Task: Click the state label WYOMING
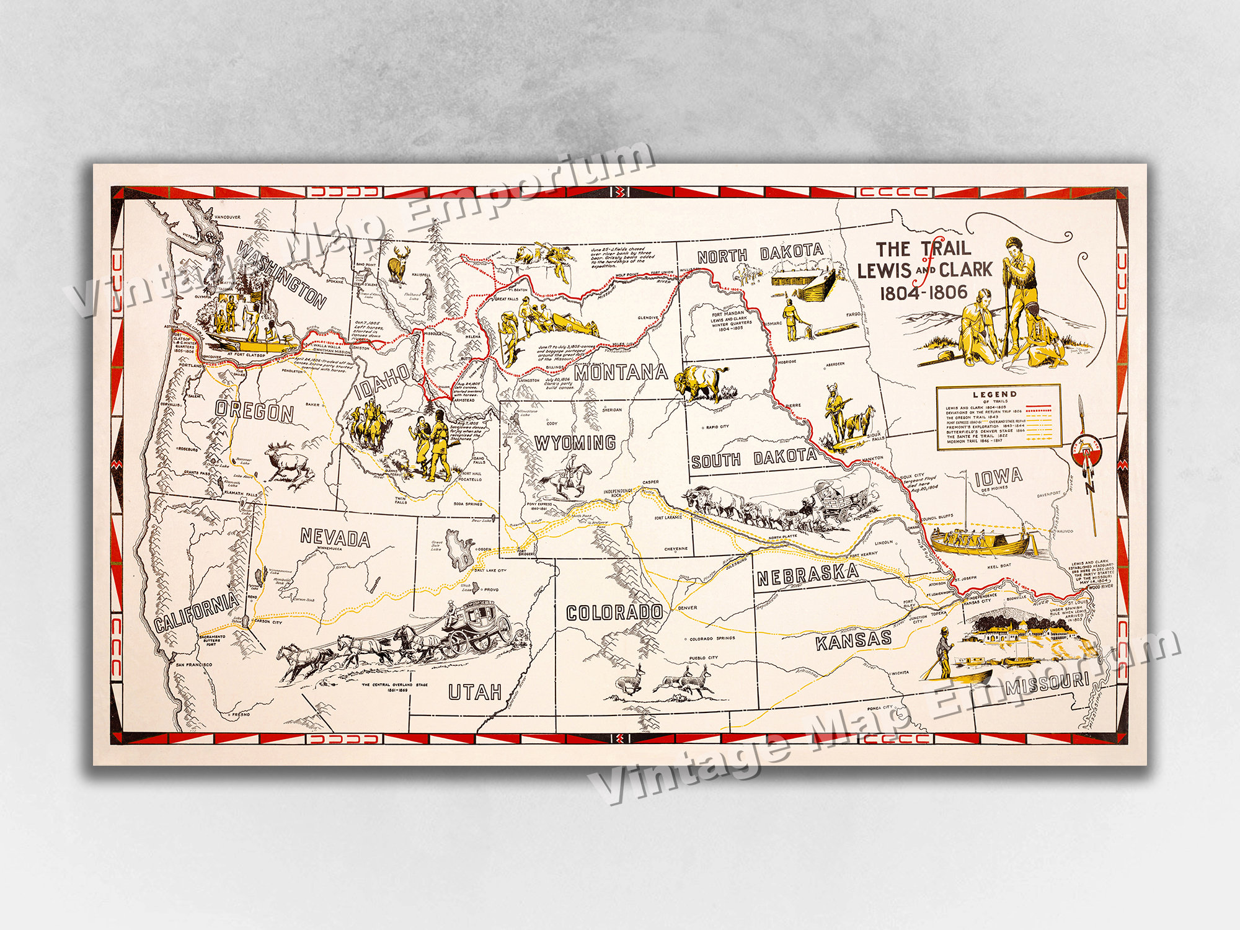tap(575, 443)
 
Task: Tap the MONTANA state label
tap(621, 372)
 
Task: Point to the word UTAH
tap(475, 692)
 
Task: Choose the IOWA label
tap(998, 477)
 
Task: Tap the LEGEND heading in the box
tap(994, 394)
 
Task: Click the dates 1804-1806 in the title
tap(924, 292)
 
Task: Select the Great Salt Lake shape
tap(460, 550)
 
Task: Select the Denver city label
tap(687, 608)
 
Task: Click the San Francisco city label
tap(193, 665)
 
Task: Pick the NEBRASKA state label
tap(807, 575)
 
